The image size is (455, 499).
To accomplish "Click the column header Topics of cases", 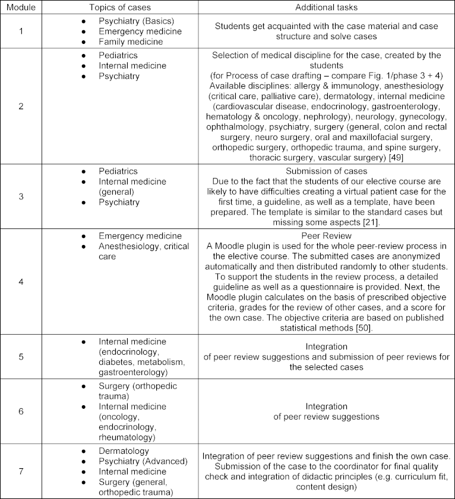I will pos(121,7).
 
